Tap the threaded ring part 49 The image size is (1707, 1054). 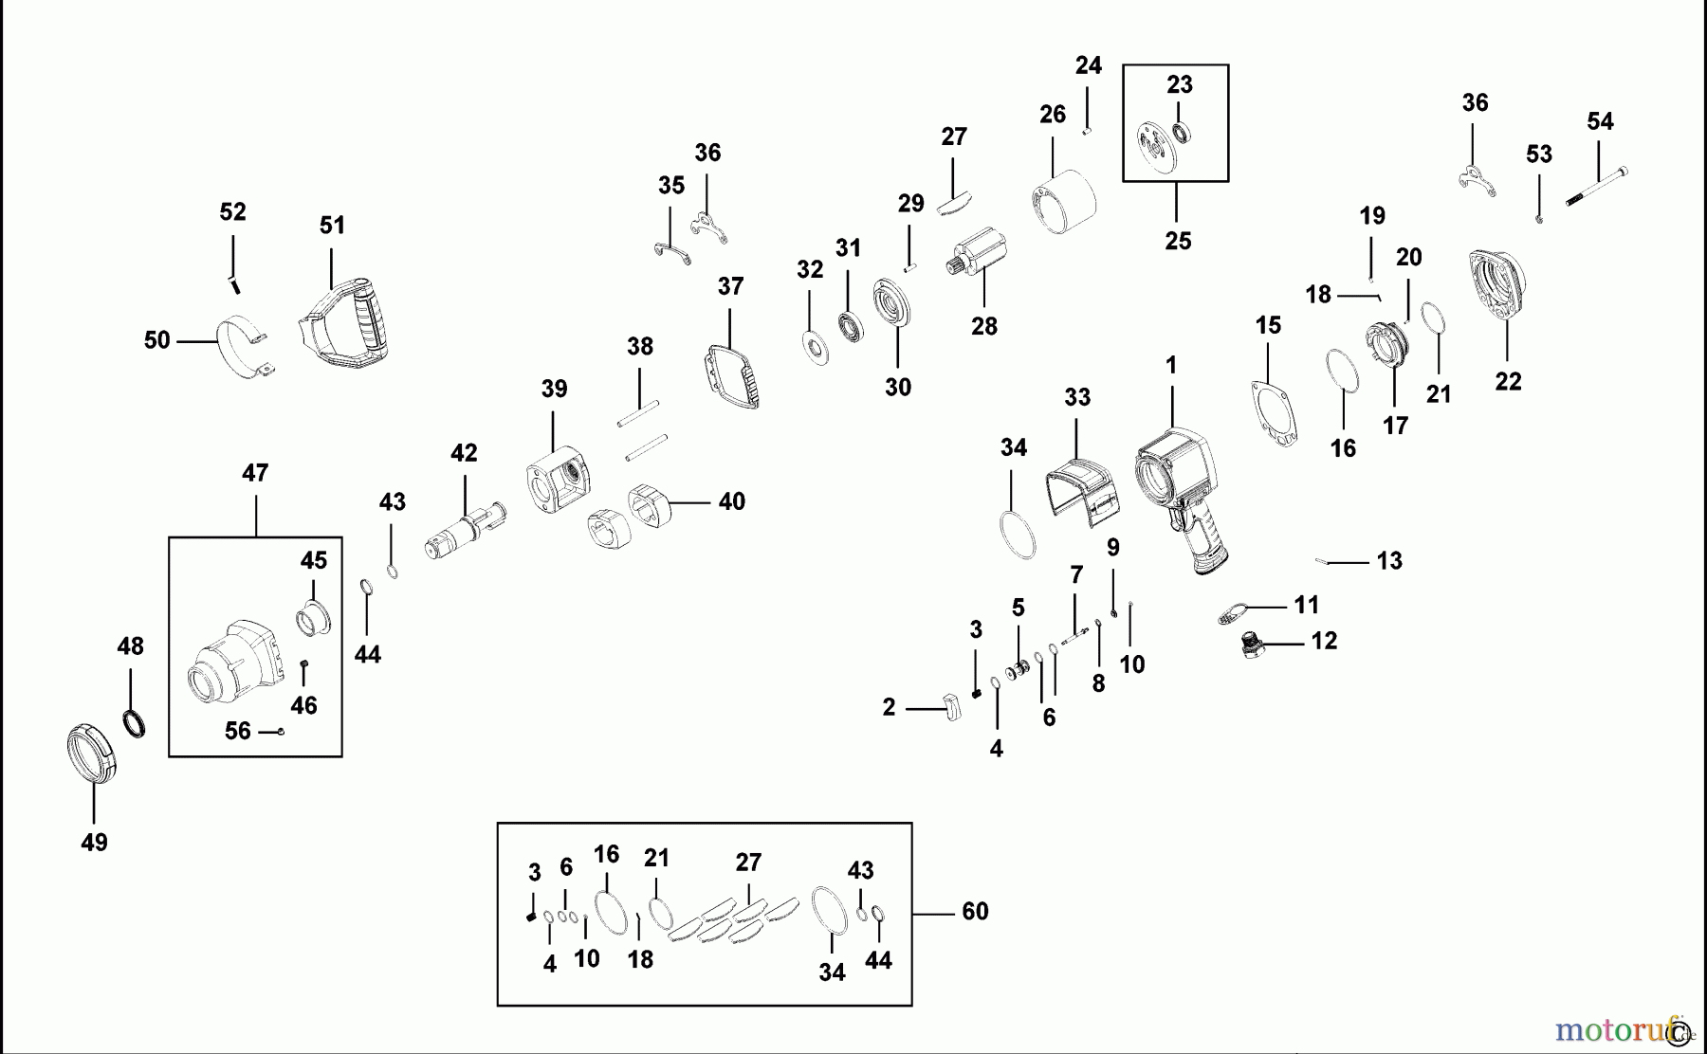pyautogui.click(x=93, y=754)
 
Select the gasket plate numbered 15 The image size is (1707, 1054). pyautogui.click(x=1273, y=413)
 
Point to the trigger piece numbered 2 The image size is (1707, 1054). pyautogui.click(x=951, y=706)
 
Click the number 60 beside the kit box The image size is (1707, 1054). pyautogui.click(x=975, y=911)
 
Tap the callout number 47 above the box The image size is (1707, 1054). pyautogui.click(x=255, y=472)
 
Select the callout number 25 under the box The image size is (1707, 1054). pyautogui.click(x=1178, y=241)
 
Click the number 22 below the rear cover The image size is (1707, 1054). pyautogui.click(x=1508, y=381)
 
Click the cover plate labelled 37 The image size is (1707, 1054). pyautogui.click(x=732, y=375)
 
